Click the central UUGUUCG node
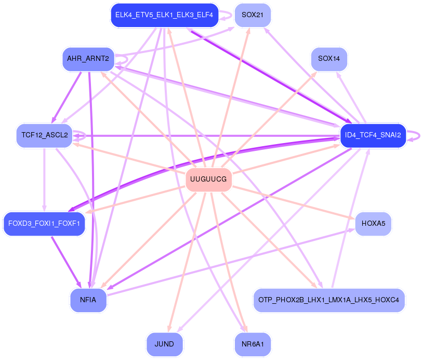click(x=208, y=179)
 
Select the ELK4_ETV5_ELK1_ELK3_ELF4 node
click(x=164, y=15)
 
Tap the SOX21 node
click(x=253, y=15)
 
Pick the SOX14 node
click(x=328, y=59)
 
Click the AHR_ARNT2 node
click(x=88, y=59)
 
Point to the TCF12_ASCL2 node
click(x=45, y=135)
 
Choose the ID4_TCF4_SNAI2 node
click(x=373, y=135)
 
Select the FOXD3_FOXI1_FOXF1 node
click(x=44, y=224)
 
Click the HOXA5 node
click(x=372, y=224)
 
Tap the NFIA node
click(x=88, y=300)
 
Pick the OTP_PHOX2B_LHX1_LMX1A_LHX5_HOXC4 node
click(x=328, y=300)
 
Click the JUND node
click(x=164, y=344)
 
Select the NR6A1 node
click(x=253, y=344)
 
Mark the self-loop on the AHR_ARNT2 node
click(x=122, y=59)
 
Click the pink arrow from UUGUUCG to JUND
click(x=187, y=260)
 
